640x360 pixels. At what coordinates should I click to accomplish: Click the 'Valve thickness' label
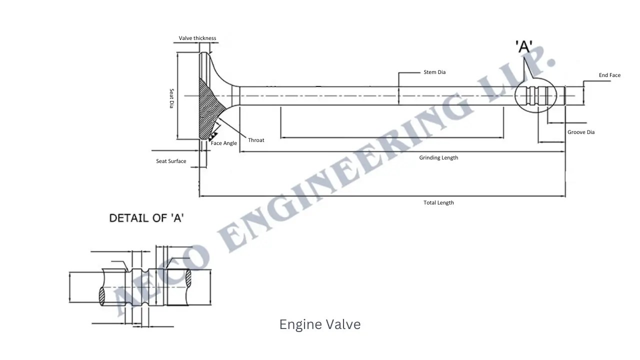(x=197, y=38)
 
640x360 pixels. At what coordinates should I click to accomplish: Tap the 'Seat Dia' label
(x=171, y=98)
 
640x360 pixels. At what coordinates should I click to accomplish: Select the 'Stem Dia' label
(x=434, y=72)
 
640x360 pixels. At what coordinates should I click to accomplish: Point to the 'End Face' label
(x=609, y=75)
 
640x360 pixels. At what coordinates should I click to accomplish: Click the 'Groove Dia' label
(x=581, y=132)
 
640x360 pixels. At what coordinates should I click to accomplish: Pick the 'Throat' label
(x=256, y=140)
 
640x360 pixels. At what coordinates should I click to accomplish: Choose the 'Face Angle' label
(x=223, y=143)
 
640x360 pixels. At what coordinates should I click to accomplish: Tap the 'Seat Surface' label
(x=171, y=161)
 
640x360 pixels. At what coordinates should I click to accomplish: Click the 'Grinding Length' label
(x=438, y=158)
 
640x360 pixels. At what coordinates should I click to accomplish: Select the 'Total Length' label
(x=438, y=203)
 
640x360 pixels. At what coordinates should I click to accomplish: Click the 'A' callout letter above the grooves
(x=524, y=47)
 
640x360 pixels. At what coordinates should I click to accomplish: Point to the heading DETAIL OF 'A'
(x=146, y=218)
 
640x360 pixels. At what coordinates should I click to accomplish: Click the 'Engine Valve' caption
(x=320, y=324)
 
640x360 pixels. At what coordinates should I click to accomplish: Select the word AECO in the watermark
(x=160, y=280)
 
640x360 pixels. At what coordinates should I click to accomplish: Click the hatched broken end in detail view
(x=102, y=295)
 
